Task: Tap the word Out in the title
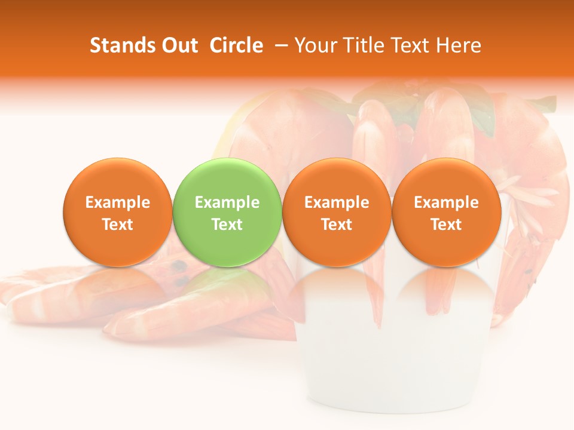(178, 45)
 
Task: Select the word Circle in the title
(236, 45)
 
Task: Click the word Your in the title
(313, 45)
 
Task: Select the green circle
(227, 213)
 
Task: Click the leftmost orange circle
(118, 213)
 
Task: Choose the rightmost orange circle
(447, 213)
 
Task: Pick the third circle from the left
(337, 213)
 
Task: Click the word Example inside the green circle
(227, 202)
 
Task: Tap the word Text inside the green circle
(227, 225)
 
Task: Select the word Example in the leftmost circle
(118, 202)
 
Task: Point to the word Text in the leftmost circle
(118, 225)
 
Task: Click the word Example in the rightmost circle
(447, 202)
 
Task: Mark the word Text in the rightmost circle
(447, 225)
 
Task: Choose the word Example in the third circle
(337, 202)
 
